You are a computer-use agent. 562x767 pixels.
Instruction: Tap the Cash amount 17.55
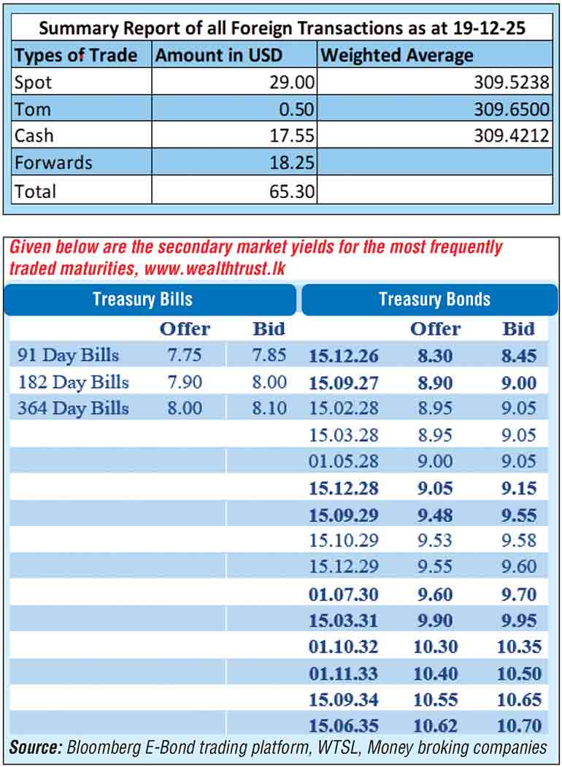(x=293, y=136)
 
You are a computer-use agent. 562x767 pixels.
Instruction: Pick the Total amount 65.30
(x=293, y=191)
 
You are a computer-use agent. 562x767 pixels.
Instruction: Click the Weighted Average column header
(x=397, y=55)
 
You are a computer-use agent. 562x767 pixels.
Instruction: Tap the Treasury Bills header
(x=142, y=299)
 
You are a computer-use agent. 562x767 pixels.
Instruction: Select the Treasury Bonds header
(x=434, y=299)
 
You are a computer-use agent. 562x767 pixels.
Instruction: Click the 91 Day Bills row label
(x=68, y=356)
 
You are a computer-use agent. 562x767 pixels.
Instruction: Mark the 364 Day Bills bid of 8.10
(x=269, y=408)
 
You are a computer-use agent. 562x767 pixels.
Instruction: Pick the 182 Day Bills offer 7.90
(x=185, y=382)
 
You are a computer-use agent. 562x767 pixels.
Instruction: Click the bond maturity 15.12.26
(x=344, y=356)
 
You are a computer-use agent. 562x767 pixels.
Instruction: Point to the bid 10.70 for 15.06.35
(x=519, y=725)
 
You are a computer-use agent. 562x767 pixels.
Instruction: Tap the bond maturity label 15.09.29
(x=344, y=515)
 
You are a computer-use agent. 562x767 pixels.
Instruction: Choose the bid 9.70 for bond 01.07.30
(x=519, y=594)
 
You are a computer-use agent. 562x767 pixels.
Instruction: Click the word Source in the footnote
(x=36, y=747)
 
